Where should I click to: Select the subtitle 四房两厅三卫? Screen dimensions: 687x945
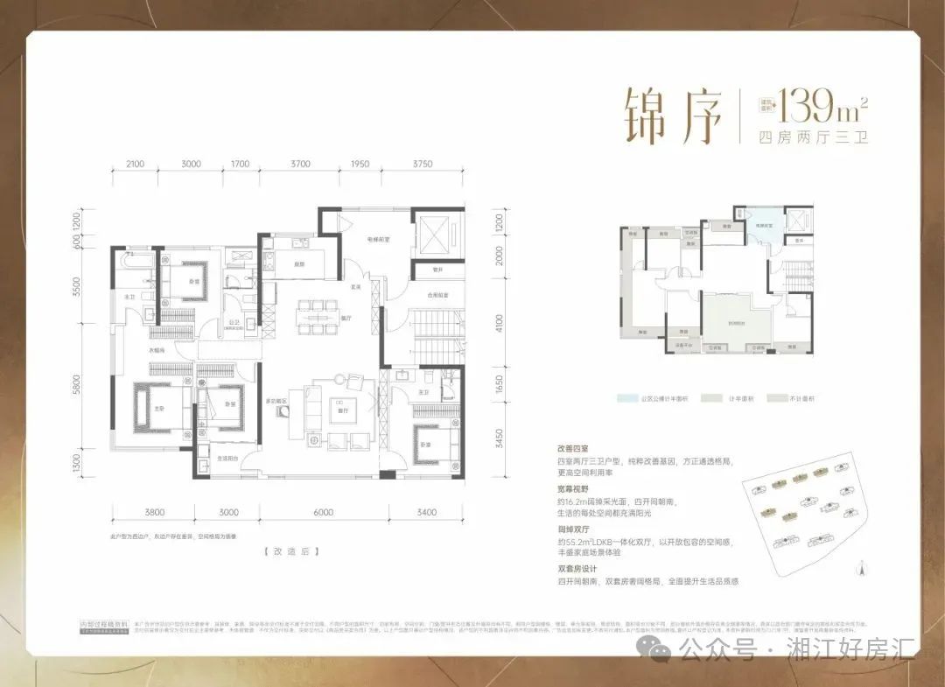tap(812, 137)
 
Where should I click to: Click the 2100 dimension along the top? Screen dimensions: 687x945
tap(135, 164)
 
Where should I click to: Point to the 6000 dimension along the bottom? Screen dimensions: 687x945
tap(323, 513)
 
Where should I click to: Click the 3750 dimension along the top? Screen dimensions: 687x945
tap(423, 164)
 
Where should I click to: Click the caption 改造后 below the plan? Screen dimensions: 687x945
tap(289, 552)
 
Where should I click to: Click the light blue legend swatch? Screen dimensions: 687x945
tap(626, 399)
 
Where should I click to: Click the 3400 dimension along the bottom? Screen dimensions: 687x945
tap(426, 513)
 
